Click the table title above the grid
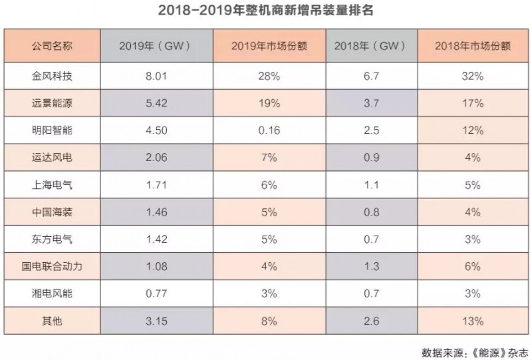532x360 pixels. (x=265, y=11)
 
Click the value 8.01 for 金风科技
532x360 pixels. (x=156, y=77)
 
